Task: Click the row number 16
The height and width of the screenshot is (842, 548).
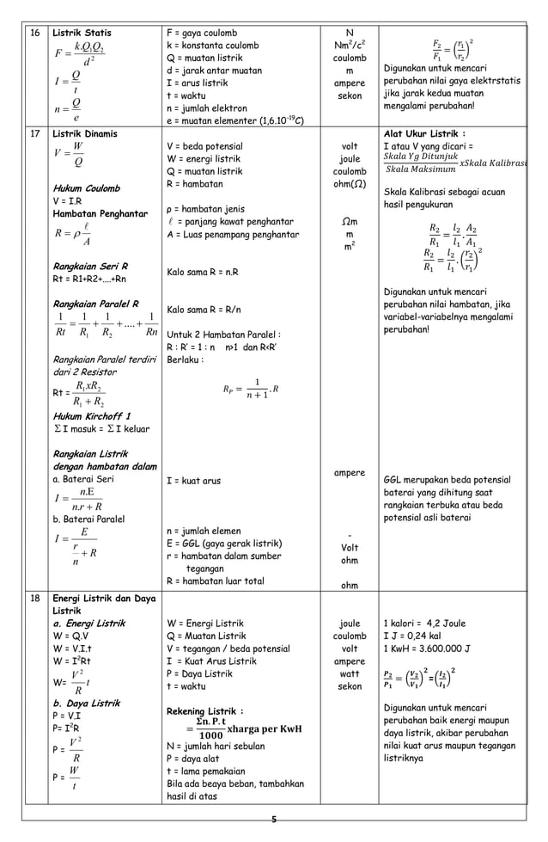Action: [33, 34]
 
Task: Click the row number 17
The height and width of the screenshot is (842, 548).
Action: [33, 134]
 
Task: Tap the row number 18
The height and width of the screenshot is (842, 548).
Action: [33, 598]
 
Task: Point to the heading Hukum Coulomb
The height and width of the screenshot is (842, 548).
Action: [87, 187]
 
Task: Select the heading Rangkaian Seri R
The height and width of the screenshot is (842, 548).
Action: [91, 267]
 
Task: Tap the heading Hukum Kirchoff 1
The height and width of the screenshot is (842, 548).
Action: [92, 415]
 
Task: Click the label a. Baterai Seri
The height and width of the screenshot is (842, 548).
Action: [83, 478]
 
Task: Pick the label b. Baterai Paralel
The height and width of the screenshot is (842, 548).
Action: [88, 519]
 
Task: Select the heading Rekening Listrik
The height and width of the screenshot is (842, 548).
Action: [205, 711]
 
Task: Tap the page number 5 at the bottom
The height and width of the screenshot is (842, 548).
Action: [273, 820]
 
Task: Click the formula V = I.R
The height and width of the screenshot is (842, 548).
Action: [68, 200]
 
